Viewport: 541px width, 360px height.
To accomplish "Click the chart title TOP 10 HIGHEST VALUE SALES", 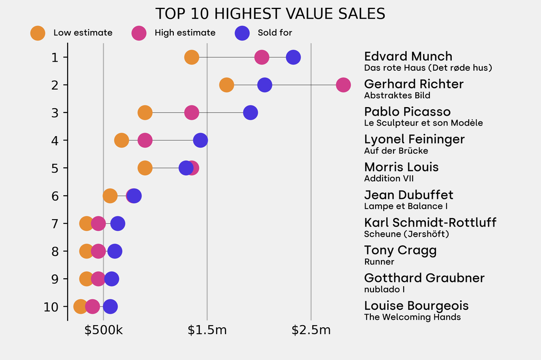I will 270,14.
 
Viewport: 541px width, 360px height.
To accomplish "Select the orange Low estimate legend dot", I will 38,33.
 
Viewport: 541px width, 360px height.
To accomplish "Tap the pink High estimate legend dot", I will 139,33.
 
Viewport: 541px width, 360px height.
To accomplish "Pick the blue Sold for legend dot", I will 242,33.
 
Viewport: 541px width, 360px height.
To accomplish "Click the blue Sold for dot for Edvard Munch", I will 293,57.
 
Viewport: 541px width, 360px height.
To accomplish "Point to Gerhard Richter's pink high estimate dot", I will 343,84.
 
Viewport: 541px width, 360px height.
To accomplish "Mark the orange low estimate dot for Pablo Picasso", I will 145,112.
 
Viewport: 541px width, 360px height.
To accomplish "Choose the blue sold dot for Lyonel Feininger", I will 200,140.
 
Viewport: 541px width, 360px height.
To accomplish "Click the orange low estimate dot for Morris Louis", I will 145,168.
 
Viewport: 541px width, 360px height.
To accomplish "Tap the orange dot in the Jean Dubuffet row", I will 110,196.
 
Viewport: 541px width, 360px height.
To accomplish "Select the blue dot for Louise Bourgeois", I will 110,307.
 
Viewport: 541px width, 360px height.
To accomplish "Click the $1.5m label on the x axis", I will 207,330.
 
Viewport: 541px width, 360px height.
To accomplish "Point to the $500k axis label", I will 104,330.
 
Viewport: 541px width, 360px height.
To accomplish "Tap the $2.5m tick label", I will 311,330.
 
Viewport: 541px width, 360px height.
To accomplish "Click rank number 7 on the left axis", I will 55,223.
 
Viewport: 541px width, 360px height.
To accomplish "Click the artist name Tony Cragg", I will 400,250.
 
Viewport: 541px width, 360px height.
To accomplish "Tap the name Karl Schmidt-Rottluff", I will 430,222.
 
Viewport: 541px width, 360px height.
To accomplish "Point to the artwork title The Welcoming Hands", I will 412,317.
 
